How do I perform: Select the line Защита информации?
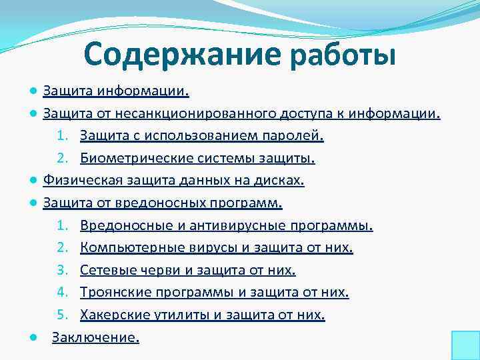click(x=116, y=89)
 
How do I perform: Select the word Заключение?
click(x=95, y=338)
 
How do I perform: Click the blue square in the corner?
click(x=465, y=345)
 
